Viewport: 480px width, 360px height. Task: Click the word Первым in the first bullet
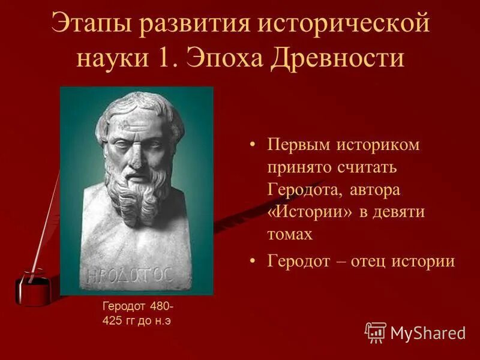(x=298, y=146)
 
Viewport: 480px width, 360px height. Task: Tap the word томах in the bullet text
(x=290, y=234)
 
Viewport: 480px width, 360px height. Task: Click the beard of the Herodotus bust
(x=139, y=189)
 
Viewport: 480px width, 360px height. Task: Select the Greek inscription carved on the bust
(x=130, y=275)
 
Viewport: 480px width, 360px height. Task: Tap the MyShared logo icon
(x=376, y=332)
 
